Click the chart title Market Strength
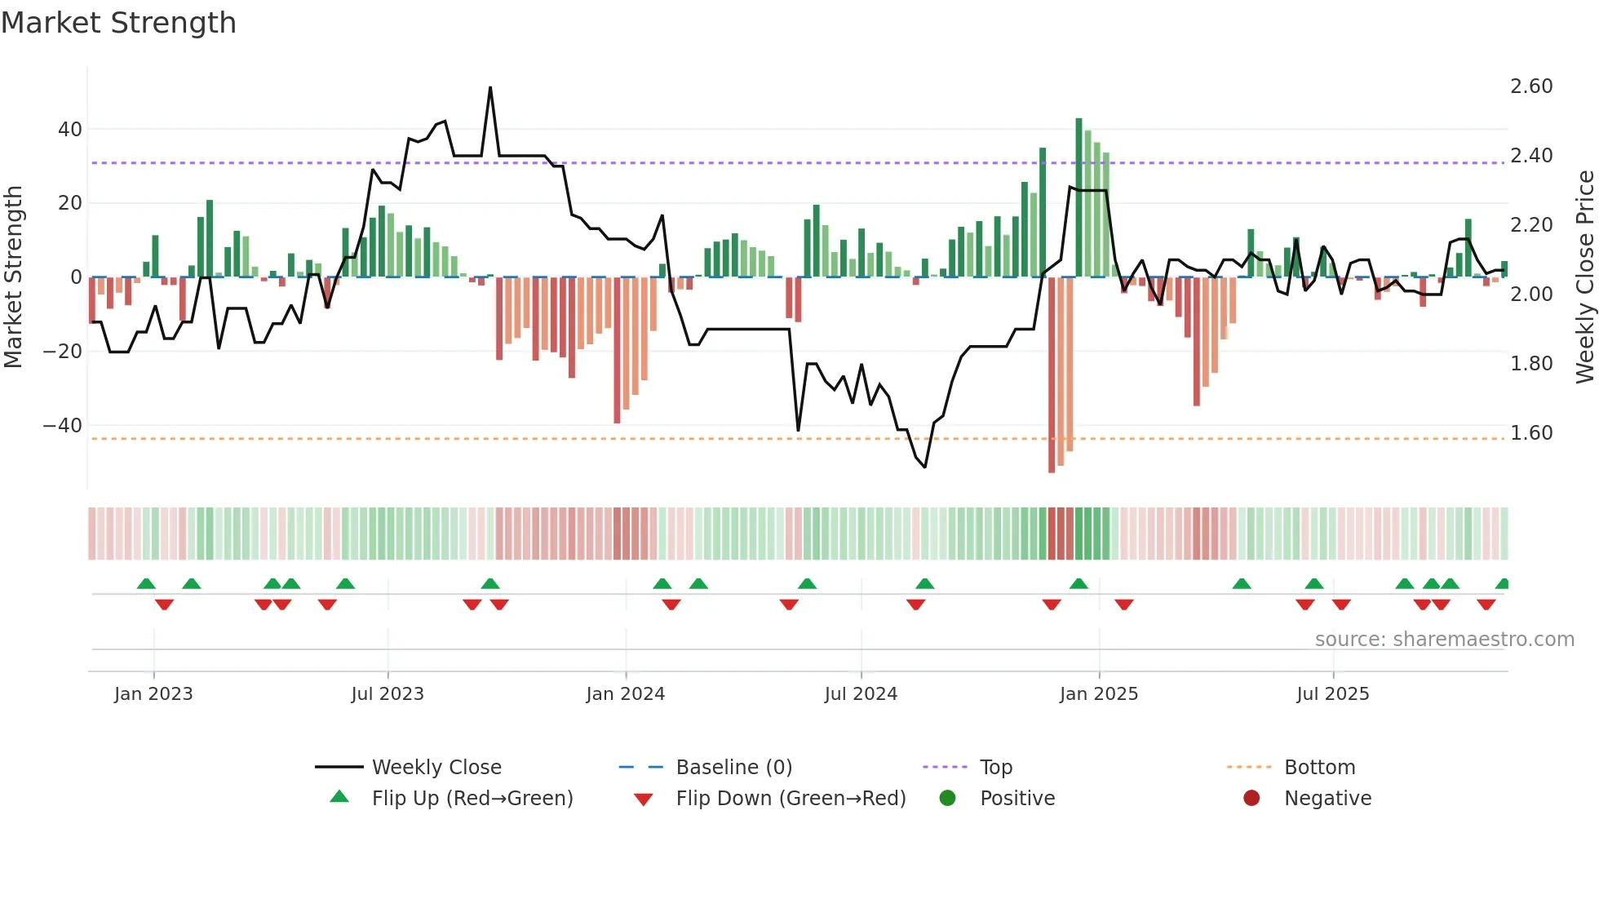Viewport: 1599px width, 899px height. pos(118,23)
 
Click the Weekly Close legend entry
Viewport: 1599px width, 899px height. pos(436,767)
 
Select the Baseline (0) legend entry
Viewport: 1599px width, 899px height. pos(733,767)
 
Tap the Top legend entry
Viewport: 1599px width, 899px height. pos(995,767)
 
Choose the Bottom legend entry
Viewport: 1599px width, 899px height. pos(1319,767)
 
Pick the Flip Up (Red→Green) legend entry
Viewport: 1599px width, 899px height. pos(472,798)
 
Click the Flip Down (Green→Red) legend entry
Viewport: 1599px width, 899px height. pos(790,798)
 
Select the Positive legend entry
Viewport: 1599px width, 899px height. pos(1017,798)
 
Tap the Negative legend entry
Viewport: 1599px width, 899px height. pos(1327,798)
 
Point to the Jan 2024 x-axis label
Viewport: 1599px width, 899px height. pos(625,694)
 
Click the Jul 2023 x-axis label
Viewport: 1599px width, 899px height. pos(388,694)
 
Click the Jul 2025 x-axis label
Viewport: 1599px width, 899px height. pos(1332,694)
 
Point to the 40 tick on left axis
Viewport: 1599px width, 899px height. pos(70,130)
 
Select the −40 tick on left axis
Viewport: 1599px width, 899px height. pos(63,426)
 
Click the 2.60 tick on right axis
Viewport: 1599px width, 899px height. pos(1531,86)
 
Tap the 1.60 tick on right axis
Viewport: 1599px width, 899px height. pos(1531,433)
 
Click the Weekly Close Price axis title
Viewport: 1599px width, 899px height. pos(1584,277)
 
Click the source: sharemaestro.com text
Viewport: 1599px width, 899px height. pos(1444,640)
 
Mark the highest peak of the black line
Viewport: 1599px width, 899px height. pos(490,88)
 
